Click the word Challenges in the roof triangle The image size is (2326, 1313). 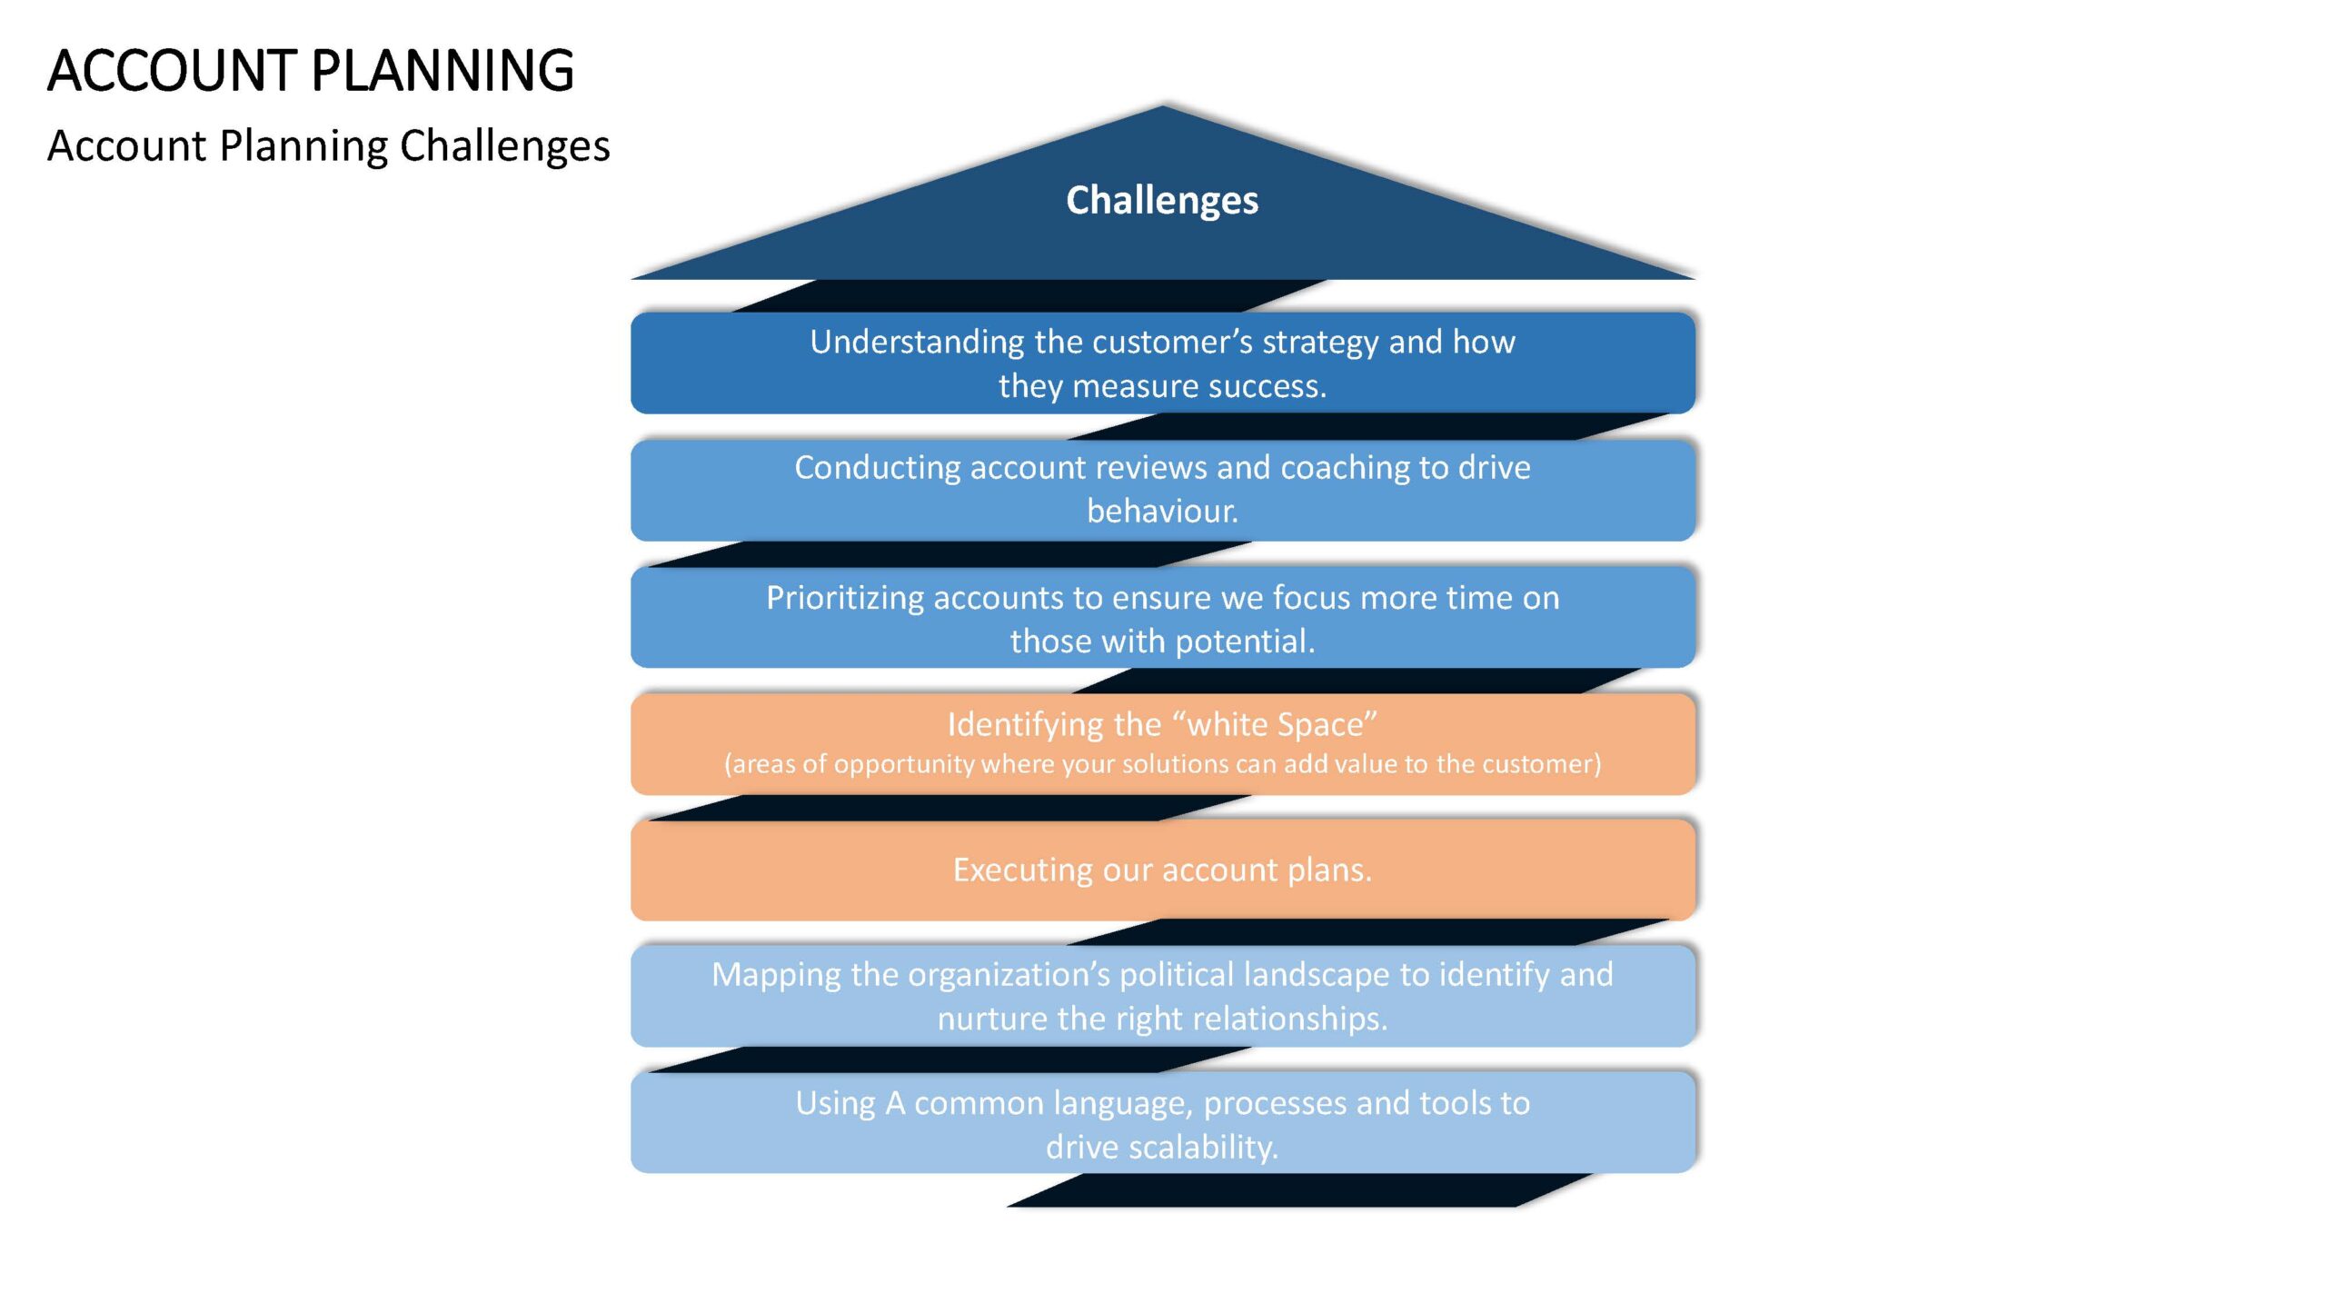[1162, 201]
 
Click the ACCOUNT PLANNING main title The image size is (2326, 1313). [311, 71]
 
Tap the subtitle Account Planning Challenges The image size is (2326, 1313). [328, 146]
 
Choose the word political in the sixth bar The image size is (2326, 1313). [1177, 975]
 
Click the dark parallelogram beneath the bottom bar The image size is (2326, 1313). [1299, 1190]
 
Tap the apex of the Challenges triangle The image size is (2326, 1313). [1163, 105]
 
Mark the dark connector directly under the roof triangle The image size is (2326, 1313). [1029, 296]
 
